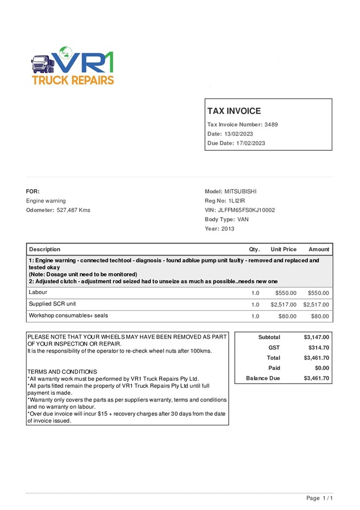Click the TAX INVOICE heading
pos(234,111)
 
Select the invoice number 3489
pos(271,124)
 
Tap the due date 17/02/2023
pos(250,143)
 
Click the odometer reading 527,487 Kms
pos(73,210)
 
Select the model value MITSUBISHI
pos(240,192)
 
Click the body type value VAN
pos(243,219)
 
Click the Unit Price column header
pos(284,250)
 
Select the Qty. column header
pos(254,250)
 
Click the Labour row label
pos(38,292)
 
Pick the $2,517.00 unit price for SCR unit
pos(284,305)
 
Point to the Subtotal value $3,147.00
pos(317,337)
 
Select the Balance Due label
pos(263,378)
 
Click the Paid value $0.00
pos(322,368)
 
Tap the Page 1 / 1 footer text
pos(319,498)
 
